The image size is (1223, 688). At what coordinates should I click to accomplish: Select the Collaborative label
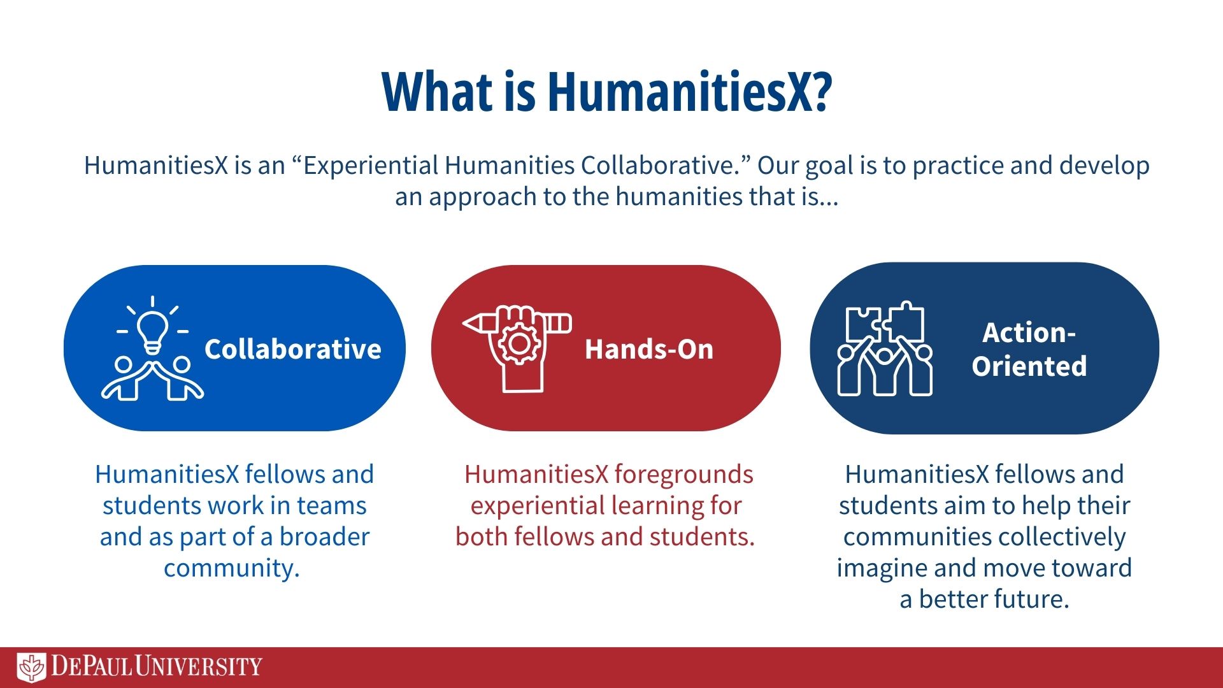[293, 349]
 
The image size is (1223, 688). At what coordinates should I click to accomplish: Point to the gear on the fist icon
[519, 343]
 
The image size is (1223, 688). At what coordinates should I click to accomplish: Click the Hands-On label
[649, 349]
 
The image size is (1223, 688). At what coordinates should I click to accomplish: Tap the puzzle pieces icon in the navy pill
[885, 324]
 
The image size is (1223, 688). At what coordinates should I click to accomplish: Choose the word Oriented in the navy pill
[1029, 366]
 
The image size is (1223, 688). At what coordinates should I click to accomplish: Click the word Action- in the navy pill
[1029, 333]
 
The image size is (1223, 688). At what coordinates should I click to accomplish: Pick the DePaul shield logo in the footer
[31, 668]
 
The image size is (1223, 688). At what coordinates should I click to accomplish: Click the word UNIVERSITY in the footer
[199, 667]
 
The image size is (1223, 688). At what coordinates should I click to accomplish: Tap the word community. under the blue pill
[232, 568]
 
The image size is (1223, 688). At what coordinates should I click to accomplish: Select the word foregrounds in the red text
[684, 475]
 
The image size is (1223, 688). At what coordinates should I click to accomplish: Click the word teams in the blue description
[332, 506]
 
